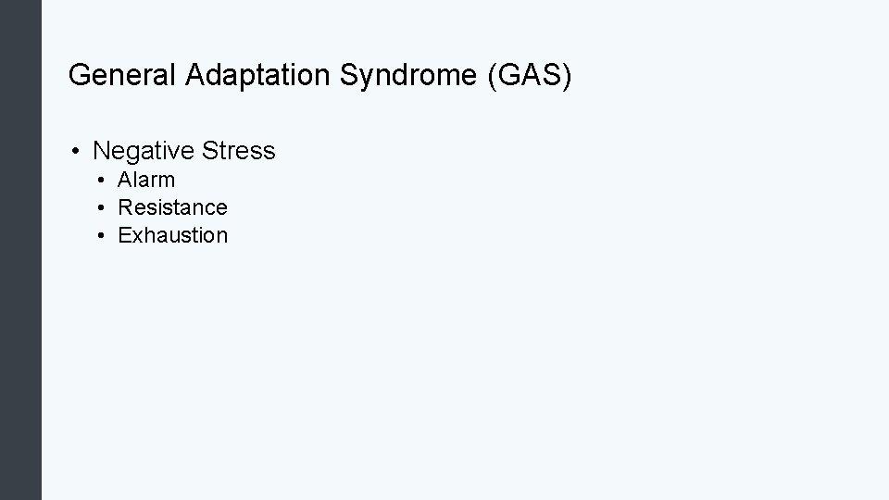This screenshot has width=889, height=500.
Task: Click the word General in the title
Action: pos(123,75)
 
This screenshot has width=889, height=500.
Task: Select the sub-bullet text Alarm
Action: pos(146,180)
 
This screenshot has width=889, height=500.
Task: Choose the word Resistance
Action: pos(172,207)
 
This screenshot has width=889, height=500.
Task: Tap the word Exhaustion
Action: pos(172,235)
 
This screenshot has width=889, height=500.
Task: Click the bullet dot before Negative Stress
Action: pos(75,151)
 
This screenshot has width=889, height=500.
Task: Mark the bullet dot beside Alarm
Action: pos(100,181)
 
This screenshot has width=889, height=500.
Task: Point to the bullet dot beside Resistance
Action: pos(100,208)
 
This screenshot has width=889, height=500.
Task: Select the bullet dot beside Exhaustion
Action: pos(100,236)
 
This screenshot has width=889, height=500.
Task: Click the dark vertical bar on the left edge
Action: pos(20,250)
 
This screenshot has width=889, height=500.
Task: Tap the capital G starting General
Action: pos(78,75)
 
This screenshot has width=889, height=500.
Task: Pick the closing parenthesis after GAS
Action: pos(568,76)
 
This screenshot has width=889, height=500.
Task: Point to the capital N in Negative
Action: pos(102,150)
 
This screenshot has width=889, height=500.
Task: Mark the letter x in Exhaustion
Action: pos(135,235)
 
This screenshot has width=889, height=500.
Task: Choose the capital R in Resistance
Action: pos(125,207)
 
